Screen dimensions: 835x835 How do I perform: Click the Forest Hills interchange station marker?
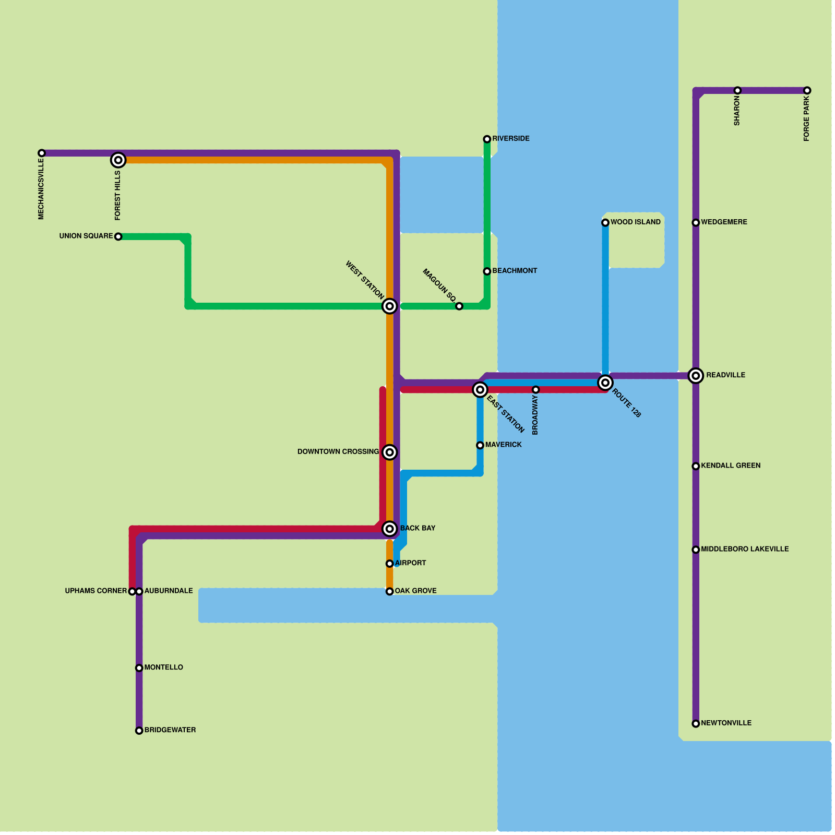(x=118, y=160)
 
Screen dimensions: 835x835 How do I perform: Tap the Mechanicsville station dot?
(x=42, y=153)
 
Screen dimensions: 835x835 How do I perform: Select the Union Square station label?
(x=86, y=236)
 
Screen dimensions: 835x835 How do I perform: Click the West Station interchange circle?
(x=389, y=306)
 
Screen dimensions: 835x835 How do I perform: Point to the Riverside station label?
(x=511, y=139)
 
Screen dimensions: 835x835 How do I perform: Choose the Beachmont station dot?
(x=487, y=271)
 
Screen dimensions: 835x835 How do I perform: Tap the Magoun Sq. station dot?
(x=459, y=306)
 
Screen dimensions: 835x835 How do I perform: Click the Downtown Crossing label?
(x=338, y=452)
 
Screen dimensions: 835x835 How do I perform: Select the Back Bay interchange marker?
(x=389, y=529)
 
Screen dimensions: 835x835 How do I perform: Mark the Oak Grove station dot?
(x=389, y=591)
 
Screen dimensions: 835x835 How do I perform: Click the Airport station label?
(x=411, y=563)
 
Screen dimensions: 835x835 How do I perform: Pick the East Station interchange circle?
(x=480, y=389)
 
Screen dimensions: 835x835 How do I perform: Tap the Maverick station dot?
(x=480, y=445)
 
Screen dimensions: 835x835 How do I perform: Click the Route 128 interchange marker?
(x=605, y=383)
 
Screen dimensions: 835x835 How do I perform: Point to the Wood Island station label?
(x=636, y=222)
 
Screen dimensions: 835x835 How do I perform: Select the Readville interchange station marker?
(x=696, y=375)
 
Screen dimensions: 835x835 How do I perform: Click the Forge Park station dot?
(x=807, y=90)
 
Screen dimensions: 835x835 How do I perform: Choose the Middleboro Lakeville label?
(x=745, y=550)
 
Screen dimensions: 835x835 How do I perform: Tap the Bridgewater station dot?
(x=139, y=731)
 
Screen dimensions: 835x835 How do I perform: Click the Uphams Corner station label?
(x=96, y=591)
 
